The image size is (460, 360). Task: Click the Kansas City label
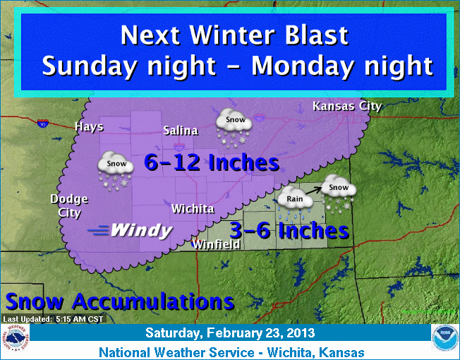(x=346, y=107)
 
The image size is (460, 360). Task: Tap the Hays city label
(x=90, y=127)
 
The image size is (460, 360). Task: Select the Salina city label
(x=181, y=131)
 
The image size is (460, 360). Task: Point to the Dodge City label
(x=69, y=205)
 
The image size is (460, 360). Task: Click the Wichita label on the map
(x=193, y=209)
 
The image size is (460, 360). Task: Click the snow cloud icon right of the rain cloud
(x=339, y=191)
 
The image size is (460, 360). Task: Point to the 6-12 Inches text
(x=212, y=163)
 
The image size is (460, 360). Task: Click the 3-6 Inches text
(x=290, y=230)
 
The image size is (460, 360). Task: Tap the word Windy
(x=141, y=230)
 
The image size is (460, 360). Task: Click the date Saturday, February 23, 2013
(x=231, y=333)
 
